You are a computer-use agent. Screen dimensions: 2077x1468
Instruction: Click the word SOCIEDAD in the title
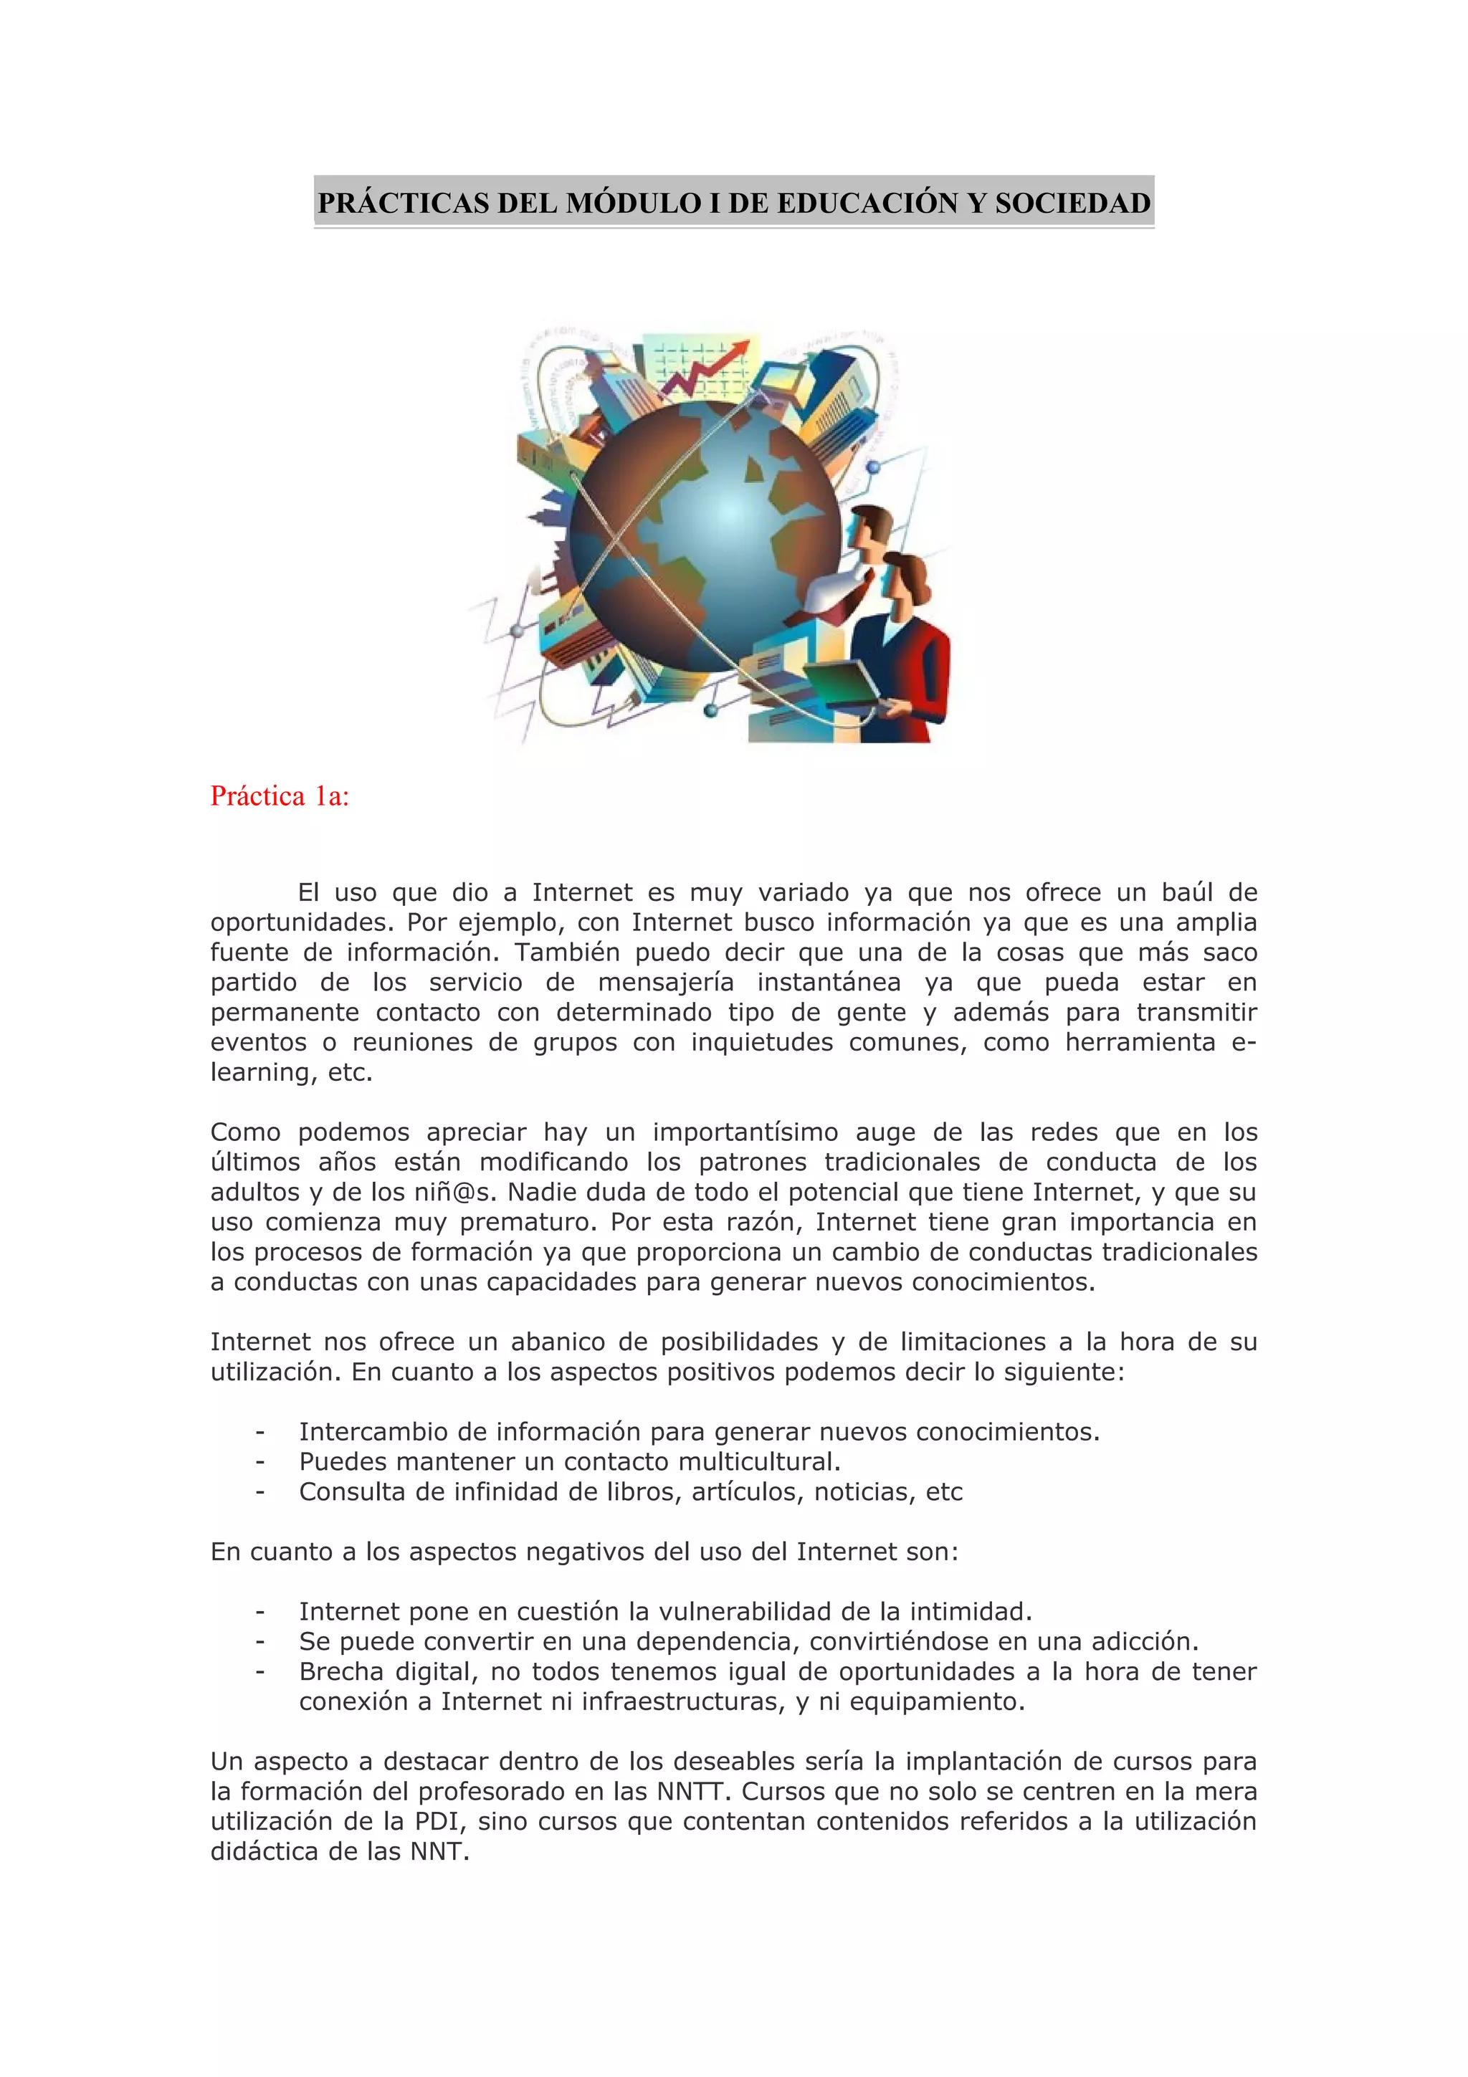coord(1073,203)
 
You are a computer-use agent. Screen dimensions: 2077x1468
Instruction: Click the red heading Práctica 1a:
coord(280,796)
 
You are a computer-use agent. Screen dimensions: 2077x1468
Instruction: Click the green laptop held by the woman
coord(840,684)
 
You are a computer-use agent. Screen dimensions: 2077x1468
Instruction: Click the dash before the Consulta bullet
coord(260,1491)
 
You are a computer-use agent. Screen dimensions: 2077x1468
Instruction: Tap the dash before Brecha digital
coord(260,1672)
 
